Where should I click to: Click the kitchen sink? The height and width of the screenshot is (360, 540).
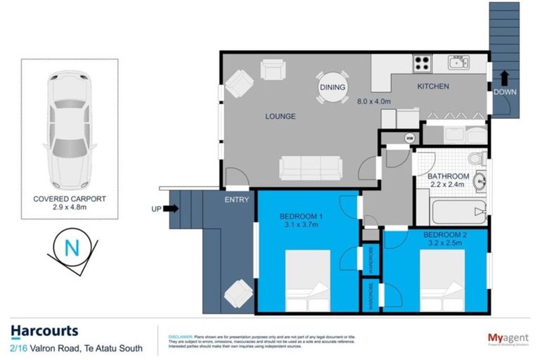[x=460, y=63]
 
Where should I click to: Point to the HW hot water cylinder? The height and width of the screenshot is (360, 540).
[x=409, y=138]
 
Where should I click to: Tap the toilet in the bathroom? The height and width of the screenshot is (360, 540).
[x=475, y=158]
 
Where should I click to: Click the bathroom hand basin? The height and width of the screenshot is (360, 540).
[x=480, y=182]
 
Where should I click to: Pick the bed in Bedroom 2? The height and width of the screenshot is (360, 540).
[x=442, y=278]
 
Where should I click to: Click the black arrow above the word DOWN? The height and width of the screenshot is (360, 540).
[x=503, y=76]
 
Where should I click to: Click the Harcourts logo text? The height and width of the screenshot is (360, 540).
[x=44, y=330]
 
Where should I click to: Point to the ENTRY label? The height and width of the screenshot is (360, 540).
[x=236, y=200]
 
